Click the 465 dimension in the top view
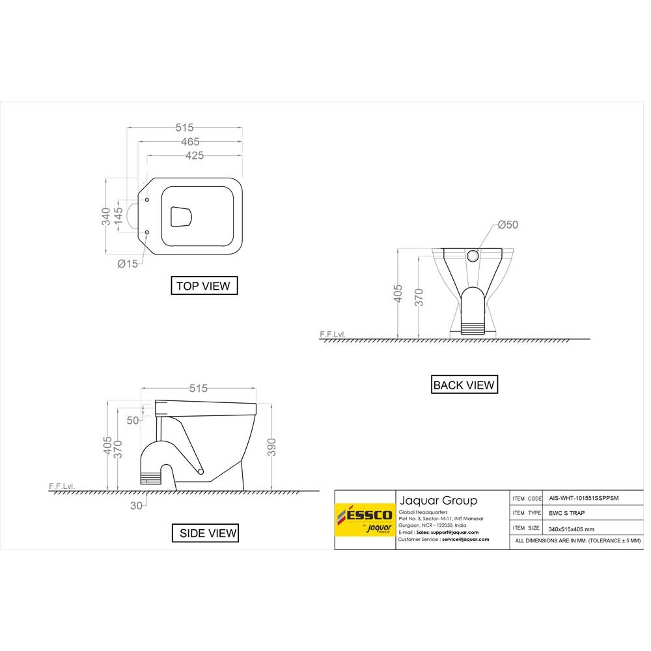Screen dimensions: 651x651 (x=190, y=141)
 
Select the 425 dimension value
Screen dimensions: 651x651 (x=195, y=156)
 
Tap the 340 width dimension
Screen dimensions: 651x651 (x=105, y=216)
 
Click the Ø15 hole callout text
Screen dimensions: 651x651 (x=128, y=264)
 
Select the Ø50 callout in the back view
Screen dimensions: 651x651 (x=508, y=225)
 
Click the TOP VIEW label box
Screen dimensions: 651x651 (x=204, y=286)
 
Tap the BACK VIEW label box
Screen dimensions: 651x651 (x=464, y=385)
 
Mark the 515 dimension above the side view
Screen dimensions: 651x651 (x=199, y=389)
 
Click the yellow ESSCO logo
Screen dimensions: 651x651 (x=365, y=520)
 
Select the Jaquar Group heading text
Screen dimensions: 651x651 (x=438, y=501)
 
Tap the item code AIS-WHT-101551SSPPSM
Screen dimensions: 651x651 (x=584, y=498)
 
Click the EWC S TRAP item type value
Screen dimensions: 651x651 (x=567, y=513)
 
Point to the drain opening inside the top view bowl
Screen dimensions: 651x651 (x=182, y=216)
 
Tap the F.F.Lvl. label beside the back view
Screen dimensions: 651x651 (x=332, y=334)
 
